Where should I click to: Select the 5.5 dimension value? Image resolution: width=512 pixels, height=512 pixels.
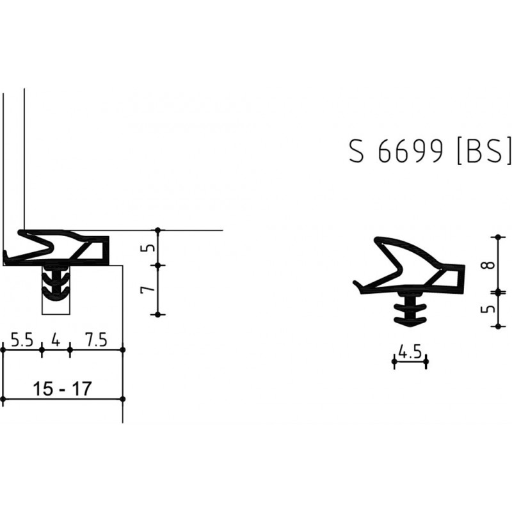coord(22,340)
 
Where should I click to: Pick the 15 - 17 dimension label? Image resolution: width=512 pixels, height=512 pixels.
coord(62,388)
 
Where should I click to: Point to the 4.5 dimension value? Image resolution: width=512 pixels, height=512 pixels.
coord(410,351)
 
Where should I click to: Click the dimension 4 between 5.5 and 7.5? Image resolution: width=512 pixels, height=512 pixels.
coord(56,340)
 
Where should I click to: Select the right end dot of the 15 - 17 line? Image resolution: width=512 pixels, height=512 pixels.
coord(123,399)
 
